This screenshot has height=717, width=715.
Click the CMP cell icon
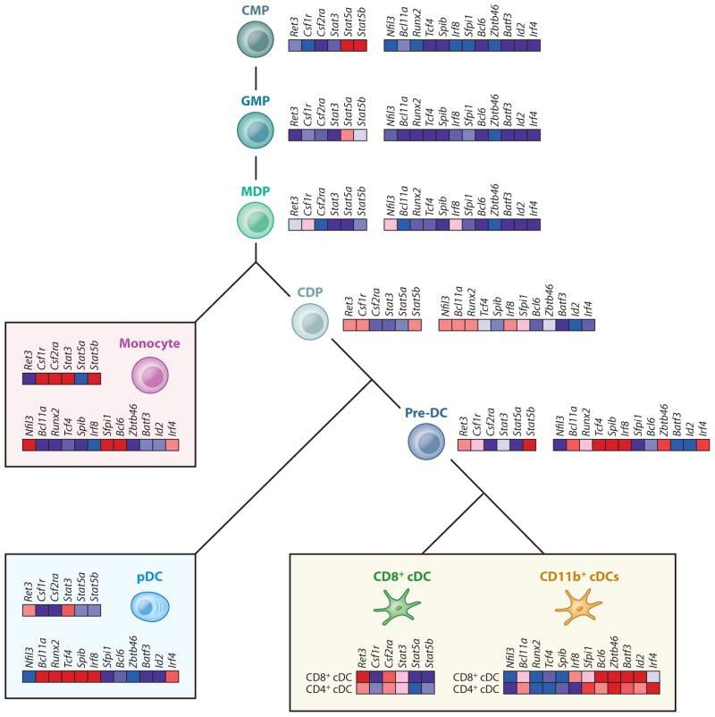257,40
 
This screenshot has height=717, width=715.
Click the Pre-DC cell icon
426,438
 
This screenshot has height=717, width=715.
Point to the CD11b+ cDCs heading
577,577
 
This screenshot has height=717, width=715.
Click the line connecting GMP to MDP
257,169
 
